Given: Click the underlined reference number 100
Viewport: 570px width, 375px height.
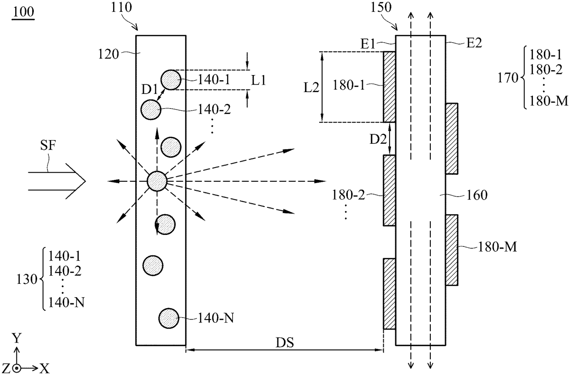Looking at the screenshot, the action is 23,12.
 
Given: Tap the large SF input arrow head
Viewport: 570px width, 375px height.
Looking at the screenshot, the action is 76,181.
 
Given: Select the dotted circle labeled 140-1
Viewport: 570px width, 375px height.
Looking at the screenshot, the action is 171,80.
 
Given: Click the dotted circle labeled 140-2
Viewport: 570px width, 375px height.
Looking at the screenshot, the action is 151,110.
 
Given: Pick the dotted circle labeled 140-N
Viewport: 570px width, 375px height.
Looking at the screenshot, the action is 169,319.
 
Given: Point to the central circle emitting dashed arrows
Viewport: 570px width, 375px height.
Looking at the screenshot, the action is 157,181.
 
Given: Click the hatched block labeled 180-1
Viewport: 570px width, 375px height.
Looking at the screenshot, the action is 389,87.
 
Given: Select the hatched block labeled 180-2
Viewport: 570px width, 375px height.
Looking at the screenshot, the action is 389,190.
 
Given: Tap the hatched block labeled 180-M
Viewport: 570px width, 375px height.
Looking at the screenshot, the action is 452,250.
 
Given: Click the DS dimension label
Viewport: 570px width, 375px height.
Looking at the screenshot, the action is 285,342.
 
